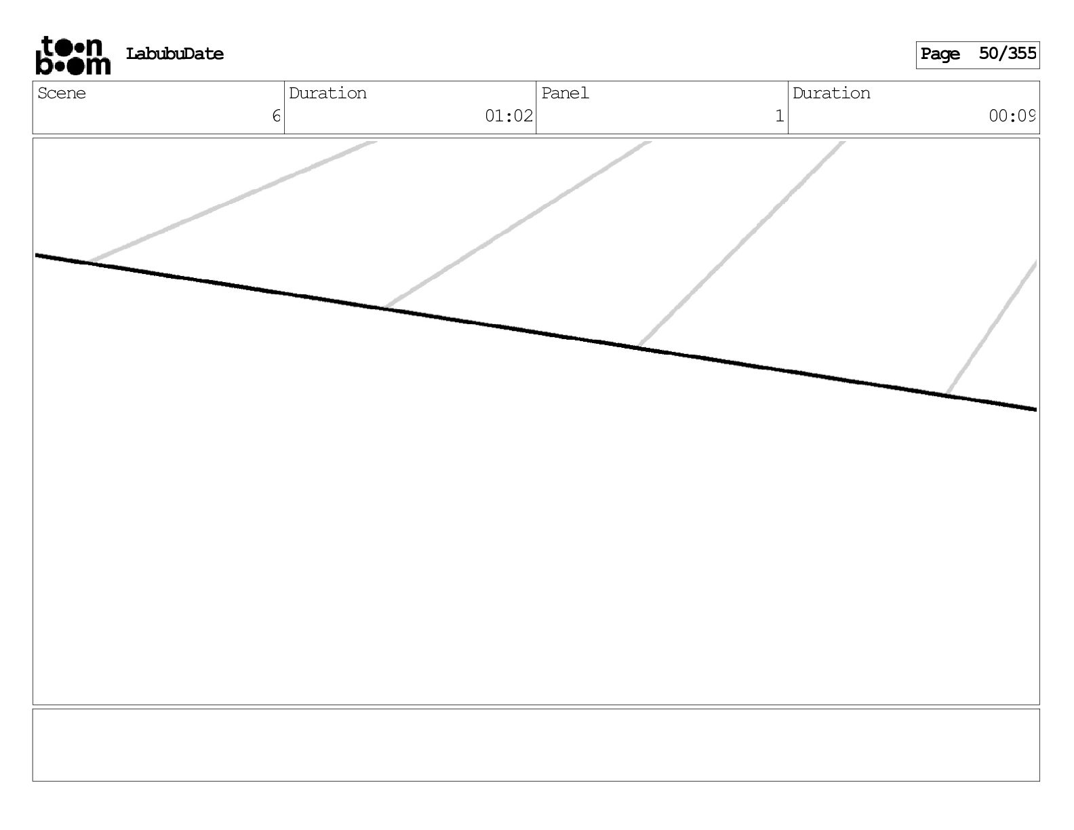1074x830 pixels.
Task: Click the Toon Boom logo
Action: (73, 55)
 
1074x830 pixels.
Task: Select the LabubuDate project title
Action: (174, 54)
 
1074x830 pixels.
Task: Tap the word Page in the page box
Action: (940, 54)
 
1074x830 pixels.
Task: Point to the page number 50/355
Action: (1007, 54)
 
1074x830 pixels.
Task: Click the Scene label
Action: (62, 94)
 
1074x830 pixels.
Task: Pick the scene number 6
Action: (276, 117)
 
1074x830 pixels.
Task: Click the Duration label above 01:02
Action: (327, 94)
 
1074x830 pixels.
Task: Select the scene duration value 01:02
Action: (509, 117)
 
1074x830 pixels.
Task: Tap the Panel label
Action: (565, 94)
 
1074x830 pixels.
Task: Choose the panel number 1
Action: (779, 117)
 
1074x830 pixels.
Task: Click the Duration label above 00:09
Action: (831, 94)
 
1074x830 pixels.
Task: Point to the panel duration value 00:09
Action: (1012, 117)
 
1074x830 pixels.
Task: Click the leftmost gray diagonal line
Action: (231, 201)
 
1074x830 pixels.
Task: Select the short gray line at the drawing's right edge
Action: (991, 328)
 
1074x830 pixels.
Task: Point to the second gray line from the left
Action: (515, 225)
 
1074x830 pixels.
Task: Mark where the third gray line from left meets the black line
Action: (639, 347)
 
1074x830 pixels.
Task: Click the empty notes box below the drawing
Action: (536, 745)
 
